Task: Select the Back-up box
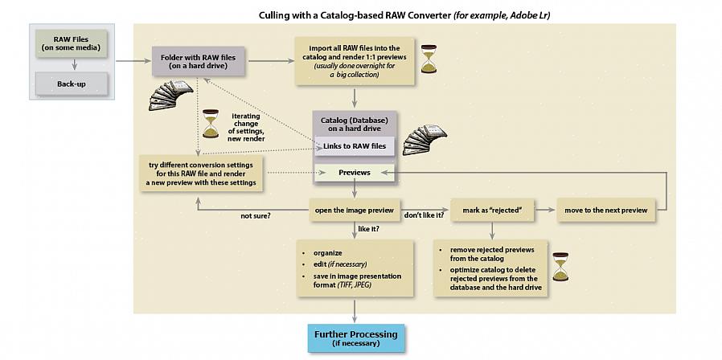[71, 84]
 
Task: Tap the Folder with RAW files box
[198, 60]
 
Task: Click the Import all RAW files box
[354, 60]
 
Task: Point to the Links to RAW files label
[354, 145]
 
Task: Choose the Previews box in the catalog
[354, 172]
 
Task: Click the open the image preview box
[354, 211]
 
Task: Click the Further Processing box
[355, 338]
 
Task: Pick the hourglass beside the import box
[428, 59]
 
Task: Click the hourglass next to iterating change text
[211, 125]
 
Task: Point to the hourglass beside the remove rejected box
[560, 267]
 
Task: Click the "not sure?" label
[255, 216]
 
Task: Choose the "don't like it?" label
[424, 216]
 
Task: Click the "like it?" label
[369, 229]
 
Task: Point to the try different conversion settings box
[201, 174]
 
